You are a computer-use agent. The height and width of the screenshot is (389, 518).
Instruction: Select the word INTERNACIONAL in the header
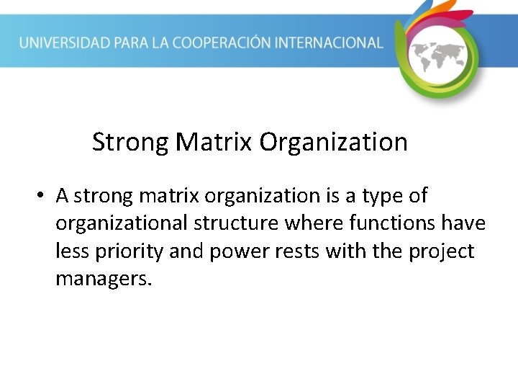pyautogui.click(x=337, y=43)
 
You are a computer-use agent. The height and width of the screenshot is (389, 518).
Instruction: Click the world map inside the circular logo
pyautogui.click(x=439, y=55)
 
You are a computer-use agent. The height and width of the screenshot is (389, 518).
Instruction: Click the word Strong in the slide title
pyautogui.click(x=129, y=142)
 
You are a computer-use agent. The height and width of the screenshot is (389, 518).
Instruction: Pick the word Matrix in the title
pyautogui.click(x=214, y=142)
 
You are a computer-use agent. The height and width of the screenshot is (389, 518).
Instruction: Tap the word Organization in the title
pyautogui.click(x=333, y=143)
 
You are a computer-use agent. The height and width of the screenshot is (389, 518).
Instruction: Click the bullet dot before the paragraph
pyautogui.click(x=43, y=196)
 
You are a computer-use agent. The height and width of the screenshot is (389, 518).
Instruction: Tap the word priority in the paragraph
pyautogui.click(x=127, y=252)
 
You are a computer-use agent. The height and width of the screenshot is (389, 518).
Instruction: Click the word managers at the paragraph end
pyautogui.click(x=104, y=280)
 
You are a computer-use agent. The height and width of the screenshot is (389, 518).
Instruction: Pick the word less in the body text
pyautogui.click(x=70, y=252)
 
